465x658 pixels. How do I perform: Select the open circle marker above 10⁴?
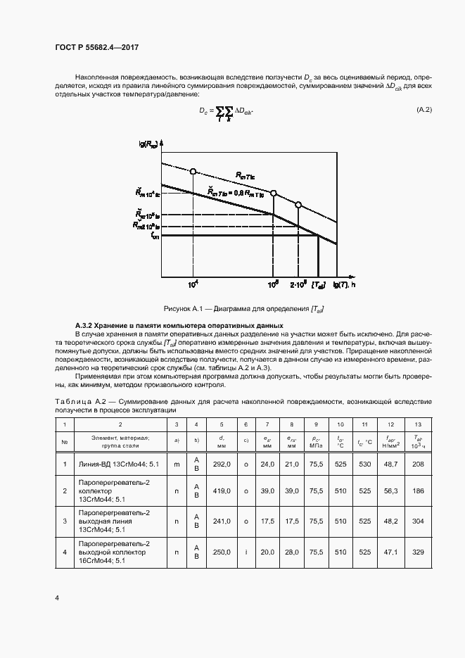coord(193,171)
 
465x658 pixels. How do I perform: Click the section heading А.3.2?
coord(179,325)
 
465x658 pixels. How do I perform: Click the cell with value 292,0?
coord(222,464)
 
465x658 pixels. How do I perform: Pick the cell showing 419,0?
coord(222,491)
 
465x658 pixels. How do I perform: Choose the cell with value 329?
coord(419,552)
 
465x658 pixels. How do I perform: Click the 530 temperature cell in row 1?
coord(364,464)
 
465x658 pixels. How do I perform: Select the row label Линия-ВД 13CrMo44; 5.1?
coord(120,464)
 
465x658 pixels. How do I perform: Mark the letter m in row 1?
coord(177,464)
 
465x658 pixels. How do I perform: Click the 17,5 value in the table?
coord(267,521)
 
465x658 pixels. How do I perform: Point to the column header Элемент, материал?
coord(120,438)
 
